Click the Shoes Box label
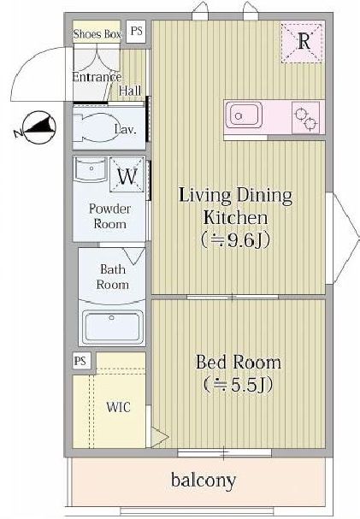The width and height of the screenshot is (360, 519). tap(96, 33)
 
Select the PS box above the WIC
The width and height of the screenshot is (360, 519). tap(81, 360)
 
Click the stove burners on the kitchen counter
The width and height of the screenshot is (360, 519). tap(304, 115)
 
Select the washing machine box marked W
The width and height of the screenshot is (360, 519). tap(127, 177)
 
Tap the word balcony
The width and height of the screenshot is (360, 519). tap(204, 481)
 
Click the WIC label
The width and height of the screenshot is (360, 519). tap(118, 407)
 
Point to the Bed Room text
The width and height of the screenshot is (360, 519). tap(238, 363)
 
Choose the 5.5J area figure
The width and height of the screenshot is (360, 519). tap(238, 386)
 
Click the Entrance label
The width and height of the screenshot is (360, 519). tap(97, 77)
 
